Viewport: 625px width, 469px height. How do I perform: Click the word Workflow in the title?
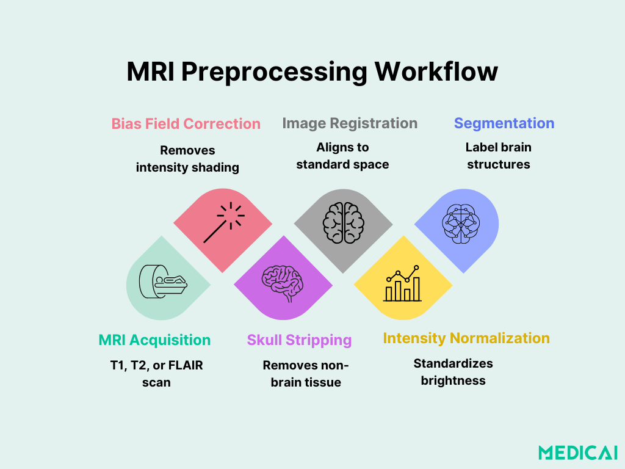[x=436, y=72]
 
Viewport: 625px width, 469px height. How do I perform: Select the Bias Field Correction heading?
[x=186, y=124]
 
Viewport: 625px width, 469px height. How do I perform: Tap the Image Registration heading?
[x=350, y=123]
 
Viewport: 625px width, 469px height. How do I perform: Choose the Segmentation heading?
[x=504, y=123]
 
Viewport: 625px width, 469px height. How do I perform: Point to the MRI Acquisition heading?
[x=154, y=340]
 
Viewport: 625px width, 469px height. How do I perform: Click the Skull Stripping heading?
[x=299, y=340]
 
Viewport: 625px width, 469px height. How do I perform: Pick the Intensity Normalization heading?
[x=466, y=338]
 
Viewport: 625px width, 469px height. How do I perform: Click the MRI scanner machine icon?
[x=162, y=282]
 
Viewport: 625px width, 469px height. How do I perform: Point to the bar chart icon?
[x=402, y=284]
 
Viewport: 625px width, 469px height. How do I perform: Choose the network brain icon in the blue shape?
[x=461, y=224]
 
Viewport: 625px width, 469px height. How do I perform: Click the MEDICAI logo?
[x=577, y=453]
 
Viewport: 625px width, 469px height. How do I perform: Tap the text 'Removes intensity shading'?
[x=187, y=159]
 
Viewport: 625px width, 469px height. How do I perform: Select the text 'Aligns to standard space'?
[x=342, y=156]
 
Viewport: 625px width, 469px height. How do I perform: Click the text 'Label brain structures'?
[x=498, y=156]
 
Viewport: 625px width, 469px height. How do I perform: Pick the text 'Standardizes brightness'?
[x=453, y=372]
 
